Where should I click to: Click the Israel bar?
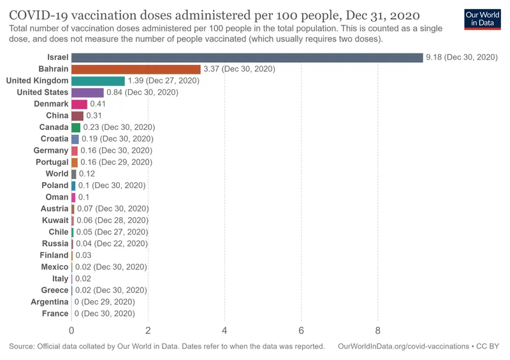coord(247,57)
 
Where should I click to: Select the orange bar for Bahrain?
coord(136,69)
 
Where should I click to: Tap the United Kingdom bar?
coord(98,81)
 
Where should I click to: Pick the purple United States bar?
coord(87,92)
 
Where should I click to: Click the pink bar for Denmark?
coord(79,104)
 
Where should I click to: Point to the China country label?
coord(57,115)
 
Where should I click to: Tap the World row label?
coord(57,174)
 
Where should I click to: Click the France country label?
coord(55,313)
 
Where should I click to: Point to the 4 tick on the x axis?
coord(224,330)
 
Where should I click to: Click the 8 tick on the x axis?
coord(377,330)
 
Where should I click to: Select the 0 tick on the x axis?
coord(71,330)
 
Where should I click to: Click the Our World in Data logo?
coord(481,18)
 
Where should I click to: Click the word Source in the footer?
coord(22,347)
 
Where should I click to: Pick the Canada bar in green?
coord(76,127)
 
